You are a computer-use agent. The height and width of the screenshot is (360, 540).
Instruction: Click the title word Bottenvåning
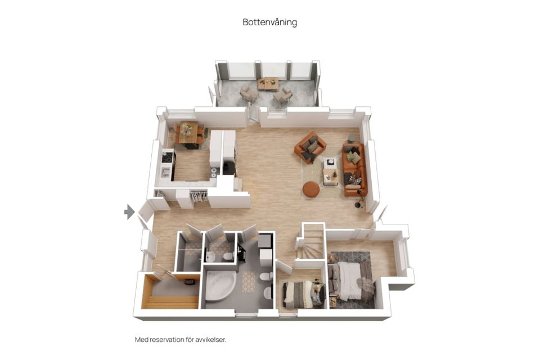coord(269,22)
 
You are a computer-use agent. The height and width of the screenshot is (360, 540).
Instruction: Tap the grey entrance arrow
coord(129,211)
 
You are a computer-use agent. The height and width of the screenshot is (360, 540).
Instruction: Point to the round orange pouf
coord(311,190)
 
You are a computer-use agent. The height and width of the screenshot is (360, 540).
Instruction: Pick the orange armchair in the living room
coord(310,147)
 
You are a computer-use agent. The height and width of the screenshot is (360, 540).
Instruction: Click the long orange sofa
coord(354,169)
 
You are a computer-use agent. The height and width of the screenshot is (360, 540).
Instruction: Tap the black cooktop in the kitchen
coord(168,157)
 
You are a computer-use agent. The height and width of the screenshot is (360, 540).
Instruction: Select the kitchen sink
coord(165,172)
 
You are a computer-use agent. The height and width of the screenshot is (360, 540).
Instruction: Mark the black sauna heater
coord(190,282)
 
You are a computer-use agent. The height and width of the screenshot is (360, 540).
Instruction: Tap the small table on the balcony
coord(268,83)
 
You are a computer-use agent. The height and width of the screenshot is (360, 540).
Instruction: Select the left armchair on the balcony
coord(249,93)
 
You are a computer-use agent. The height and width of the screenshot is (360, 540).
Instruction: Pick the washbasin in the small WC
coord(210,256)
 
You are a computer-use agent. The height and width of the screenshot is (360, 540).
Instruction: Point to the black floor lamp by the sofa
coord(359,200)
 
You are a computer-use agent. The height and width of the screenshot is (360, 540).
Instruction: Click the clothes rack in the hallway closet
coord(199,197)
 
